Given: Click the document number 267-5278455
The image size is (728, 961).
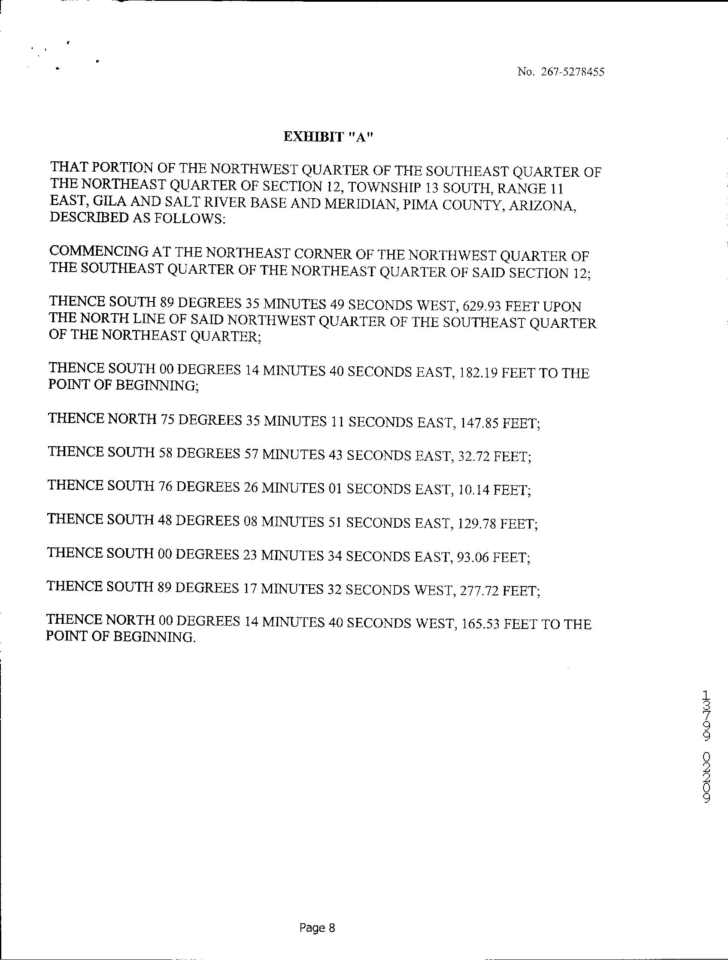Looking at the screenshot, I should (573, 72).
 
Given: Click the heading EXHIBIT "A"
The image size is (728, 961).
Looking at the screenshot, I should (328, 137).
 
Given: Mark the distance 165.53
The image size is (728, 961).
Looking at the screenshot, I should (480, 625).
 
